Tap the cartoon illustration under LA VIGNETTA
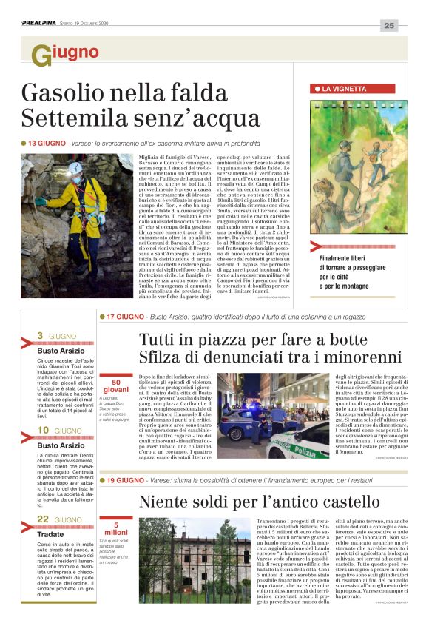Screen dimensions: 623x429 tap(357, 168)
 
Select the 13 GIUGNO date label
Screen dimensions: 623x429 tap(45, 143)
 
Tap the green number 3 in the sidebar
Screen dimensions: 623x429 tap(40, 335)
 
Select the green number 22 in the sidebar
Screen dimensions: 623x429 tap(43, 519)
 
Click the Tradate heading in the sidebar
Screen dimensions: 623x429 tap(51, 533)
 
